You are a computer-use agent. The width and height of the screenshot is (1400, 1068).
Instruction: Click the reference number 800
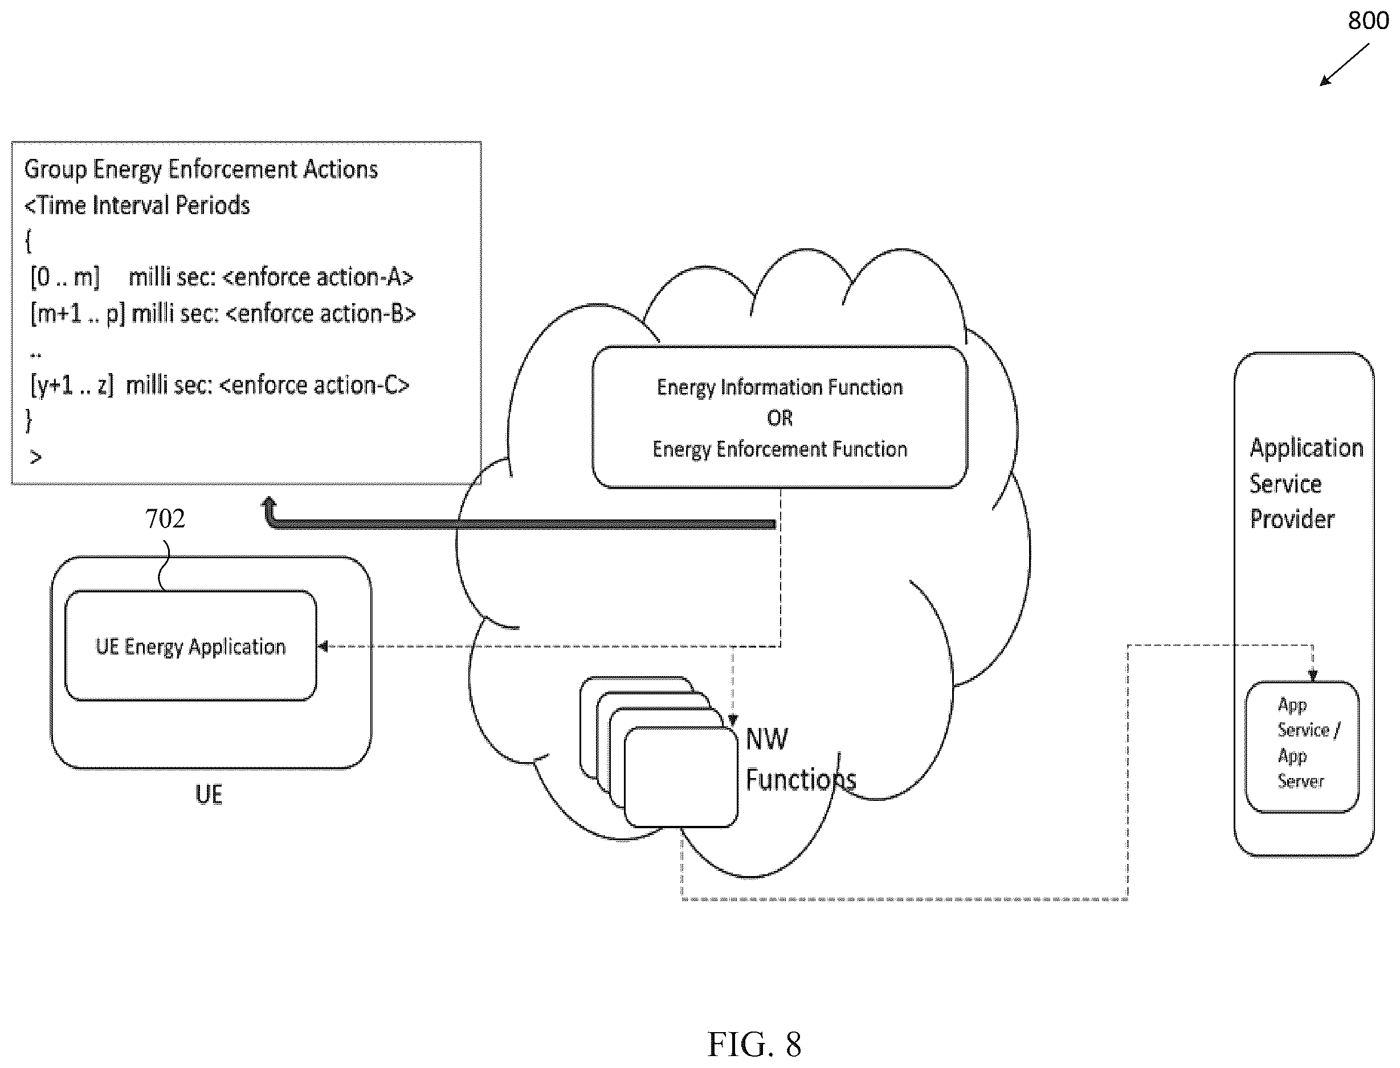(1368, 21)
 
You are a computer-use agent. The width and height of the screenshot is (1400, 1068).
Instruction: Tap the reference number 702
(165, 519)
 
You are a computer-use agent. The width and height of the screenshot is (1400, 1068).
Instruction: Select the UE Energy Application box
(191, 646)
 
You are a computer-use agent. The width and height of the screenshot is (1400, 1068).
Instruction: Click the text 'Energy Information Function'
(779, 387)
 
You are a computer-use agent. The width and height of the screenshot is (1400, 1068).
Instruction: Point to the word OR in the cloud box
(779, 418)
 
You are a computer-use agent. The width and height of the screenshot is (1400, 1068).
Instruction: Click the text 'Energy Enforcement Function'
(779, 449)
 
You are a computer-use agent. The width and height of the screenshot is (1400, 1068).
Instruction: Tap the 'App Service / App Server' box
(1302, 747)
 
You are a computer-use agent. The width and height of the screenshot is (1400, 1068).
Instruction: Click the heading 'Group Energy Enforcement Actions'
(201, 170)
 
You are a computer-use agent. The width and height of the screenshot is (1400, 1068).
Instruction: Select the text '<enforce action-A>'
(318, 277)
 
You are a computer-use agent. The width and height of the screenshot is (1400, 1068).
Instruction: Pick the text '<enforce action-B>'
(320, 313)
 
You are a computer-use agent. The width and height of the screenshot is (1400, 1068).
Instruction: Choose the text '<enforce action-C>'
(314, 385)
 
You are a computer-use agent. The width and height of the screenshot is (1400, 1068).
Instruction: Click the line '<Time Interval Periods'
(137, 205)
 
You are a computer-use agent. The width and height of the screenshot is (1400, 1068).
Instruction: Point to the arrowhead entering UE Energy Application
(322, 646)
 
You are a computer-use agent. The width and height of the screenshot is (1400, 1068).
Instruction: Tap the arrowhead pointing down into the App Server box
(1312, 675)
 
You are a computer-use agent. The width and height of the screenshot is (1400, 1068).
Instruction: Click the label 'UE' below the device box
(209, 795)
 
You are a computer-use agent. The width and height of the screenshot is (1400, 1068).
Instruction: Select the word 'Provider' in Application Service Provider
(1292, 519)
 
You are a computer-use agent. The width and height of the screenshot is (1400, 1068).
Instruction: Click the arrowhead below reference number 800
(1325, 80)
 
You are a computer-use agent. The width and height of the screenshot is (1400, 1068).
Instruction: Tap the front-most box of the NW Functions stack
(681, 777)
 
